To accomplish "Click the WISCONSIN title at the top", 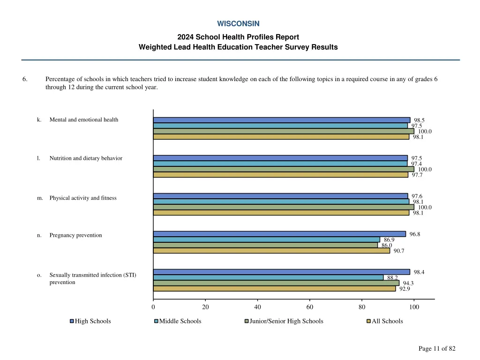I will [x=238, y=23].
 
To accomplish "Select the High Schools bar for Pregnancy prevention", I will [x=279, y=233].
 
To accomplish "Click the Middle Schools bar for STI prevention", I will [x=268, y=277].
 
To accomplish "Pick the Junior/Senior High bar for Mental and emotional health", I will [x=284, y=131].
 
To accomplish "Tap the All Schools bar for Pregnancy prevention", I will [x=271, y=250].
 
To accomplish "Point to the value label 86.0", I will [x=387, y=245].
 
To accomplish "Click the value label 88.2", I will [x=392, y=277].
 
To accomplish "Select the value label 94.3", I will [x=408, y=283].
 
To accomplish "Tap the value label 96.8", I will [x=415, y=234].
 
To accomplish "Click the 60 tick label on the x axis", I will [x=309, y=307].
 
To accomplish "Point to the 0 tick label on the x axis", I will [x=153, y=307].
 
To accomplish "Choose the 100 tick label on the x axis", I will [x=414, y=307].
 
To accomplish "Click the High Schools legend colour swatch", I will [x=72, y=321].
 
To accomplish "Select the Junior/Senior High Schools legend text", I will [x=286, y=321].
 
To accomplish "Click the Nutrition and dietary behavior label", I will [x=86, y=158].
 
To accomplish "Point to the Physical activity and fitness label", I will [x=83, y=198].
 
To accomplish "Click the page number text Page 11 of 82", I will [x=437, y=348].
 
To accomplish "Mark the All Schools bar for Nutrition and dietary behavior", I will [x=280, y=175].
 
